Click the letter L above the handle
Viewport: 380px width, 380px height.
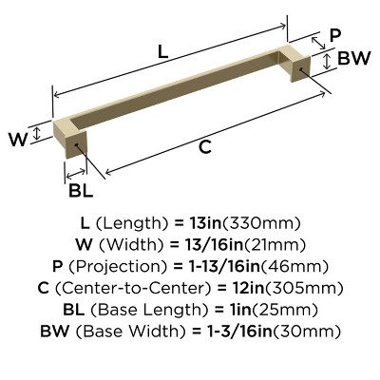162,53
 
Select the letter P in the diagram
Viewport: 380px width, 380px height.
333,35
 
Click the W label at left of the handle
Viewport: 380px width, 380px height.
17,140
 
